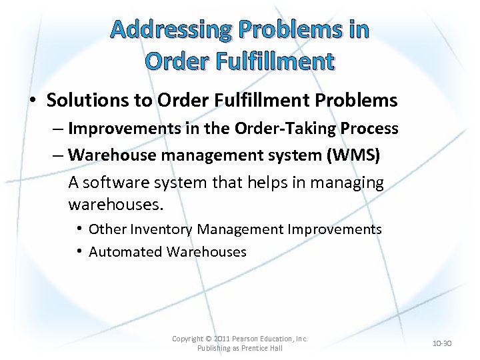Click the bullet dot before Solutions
[x=33, y=101]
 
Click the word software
[x=117, y=183]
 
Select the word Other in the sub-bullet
[x=107, y=229]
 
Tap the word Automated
[x=125, y=252]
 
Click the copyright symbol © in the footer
[x=207, y=339]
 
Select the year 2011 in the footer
[x=222, y=339]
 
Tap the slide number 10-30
[x=442, y=344]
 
